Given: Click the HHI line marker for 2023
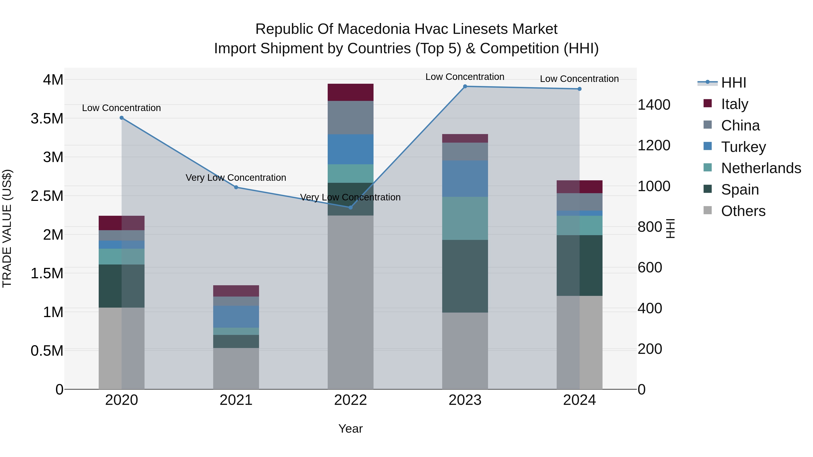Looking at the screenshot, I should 465,86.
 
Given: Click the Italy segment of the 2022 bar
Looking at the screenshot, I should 350,92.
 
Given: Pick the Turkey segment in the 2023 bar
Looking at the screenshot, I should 465,179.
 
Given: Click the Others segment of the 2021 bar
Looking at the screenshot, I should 236,368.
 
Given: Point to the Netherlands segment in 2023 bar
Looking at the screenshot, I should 465,218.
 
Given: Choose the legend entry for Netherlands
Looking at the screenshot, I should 761,168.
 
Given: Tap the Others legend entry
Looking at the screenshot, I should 743,211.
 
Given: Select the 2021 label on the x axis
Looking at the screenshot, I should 236,400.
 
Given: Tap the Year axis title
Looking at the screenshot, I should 350,429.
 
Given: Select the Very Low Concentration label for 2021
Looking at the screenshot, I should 236,178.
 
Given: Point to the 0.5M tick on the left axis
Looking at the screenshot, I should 47,351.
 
